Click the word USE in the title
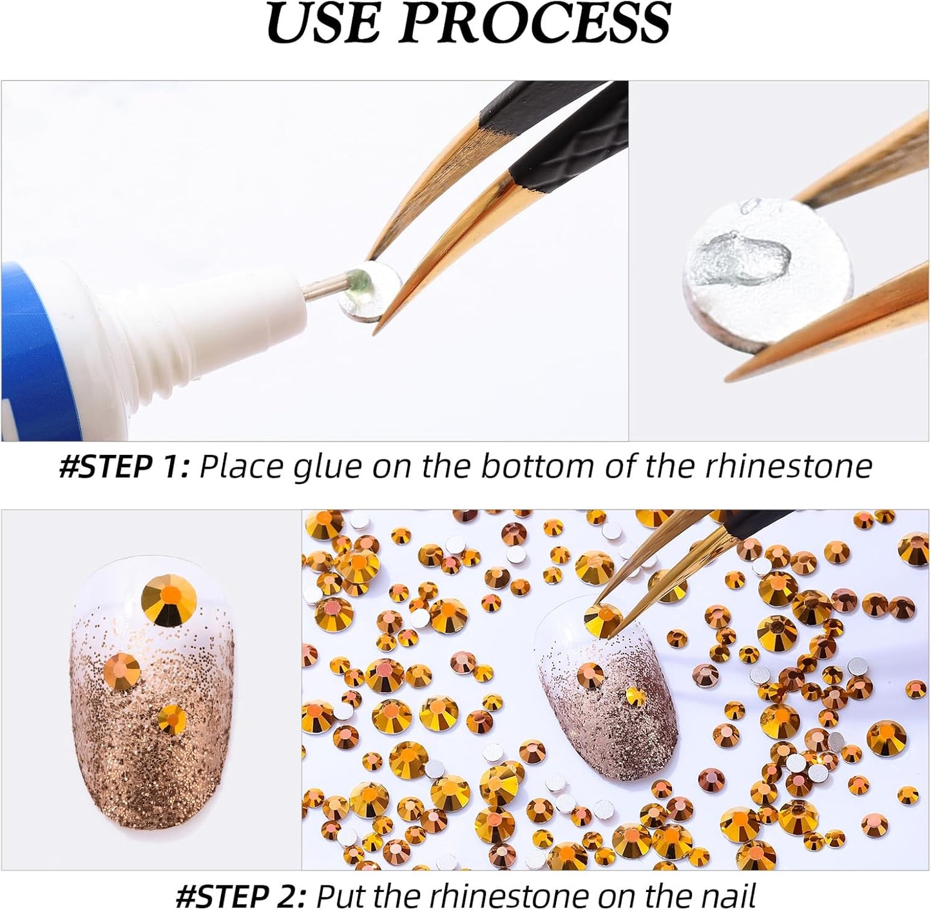coord(322,24)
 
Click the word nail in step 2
coord(722,895)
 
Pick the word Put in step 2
coord(344,895)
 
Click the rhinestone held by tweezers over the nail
coord(602,619)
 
